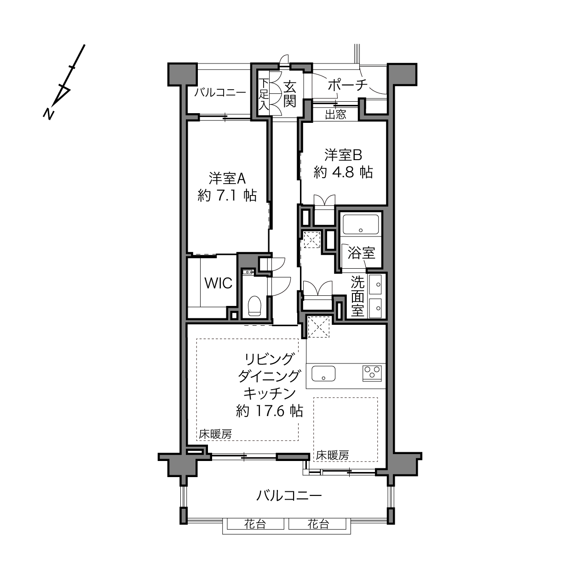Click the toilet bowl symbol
(254, 306)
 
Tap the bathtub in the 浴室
(361, 224)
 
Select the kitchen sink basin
(323, 374)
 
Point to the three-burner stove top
(372, 373)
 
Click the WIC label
(218, 283)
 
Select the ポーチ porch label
(348, 85)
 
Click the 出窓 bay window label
(335, 115)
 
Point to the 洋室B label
(344, 156)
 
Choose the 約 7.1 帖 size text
(227, 196)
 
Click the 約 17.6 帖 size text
(269, 411)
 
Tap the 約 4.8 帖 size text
(343, 172)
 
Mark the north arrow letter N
(48, 113)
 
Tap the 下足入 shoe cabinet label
(263, 94)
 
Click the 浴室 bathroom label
(361, 253)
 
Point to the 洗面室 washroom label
(357, 296)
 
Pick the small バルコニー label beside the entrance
(220, 92)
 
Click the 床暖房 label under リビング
(215, 434)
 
